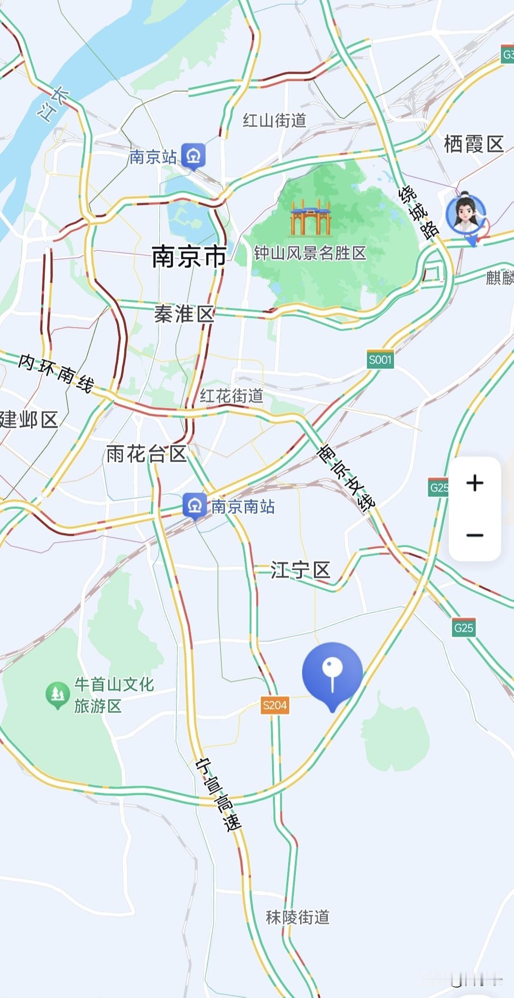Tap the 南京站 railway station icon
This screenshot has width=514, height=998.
[193, 155]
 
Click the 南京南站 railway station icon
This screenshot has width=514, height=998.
[194, 505]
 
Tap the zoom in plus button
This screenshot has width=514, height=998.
[474, 483]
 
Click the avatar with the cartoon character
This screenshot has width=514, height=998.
[465, 214]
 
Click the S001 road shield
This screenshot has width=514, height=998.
[380, 360]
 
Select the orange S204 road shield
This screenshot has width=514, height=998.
[275, 705]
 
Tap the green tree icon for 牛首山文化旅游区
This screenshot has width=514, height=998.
[58, 694]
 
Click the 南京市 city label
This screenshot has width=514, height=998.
[189, 257]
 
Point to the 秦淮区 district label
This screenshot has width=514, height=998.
[184, 314]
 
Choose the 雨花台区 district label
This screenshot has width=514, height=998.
[146, 454]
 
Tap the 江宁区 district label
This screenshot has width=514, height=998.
[300, 570]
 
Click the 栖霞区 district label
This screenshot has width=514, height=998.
[474, 144]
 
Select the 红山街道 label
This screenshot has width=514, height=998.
[274, 120]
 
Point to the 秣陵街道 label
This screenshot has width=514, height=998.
[297, 917]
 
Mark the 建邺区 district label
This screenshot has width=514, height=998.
[29, 420]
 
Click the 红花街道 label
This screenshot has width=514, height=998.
[231, 395]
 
